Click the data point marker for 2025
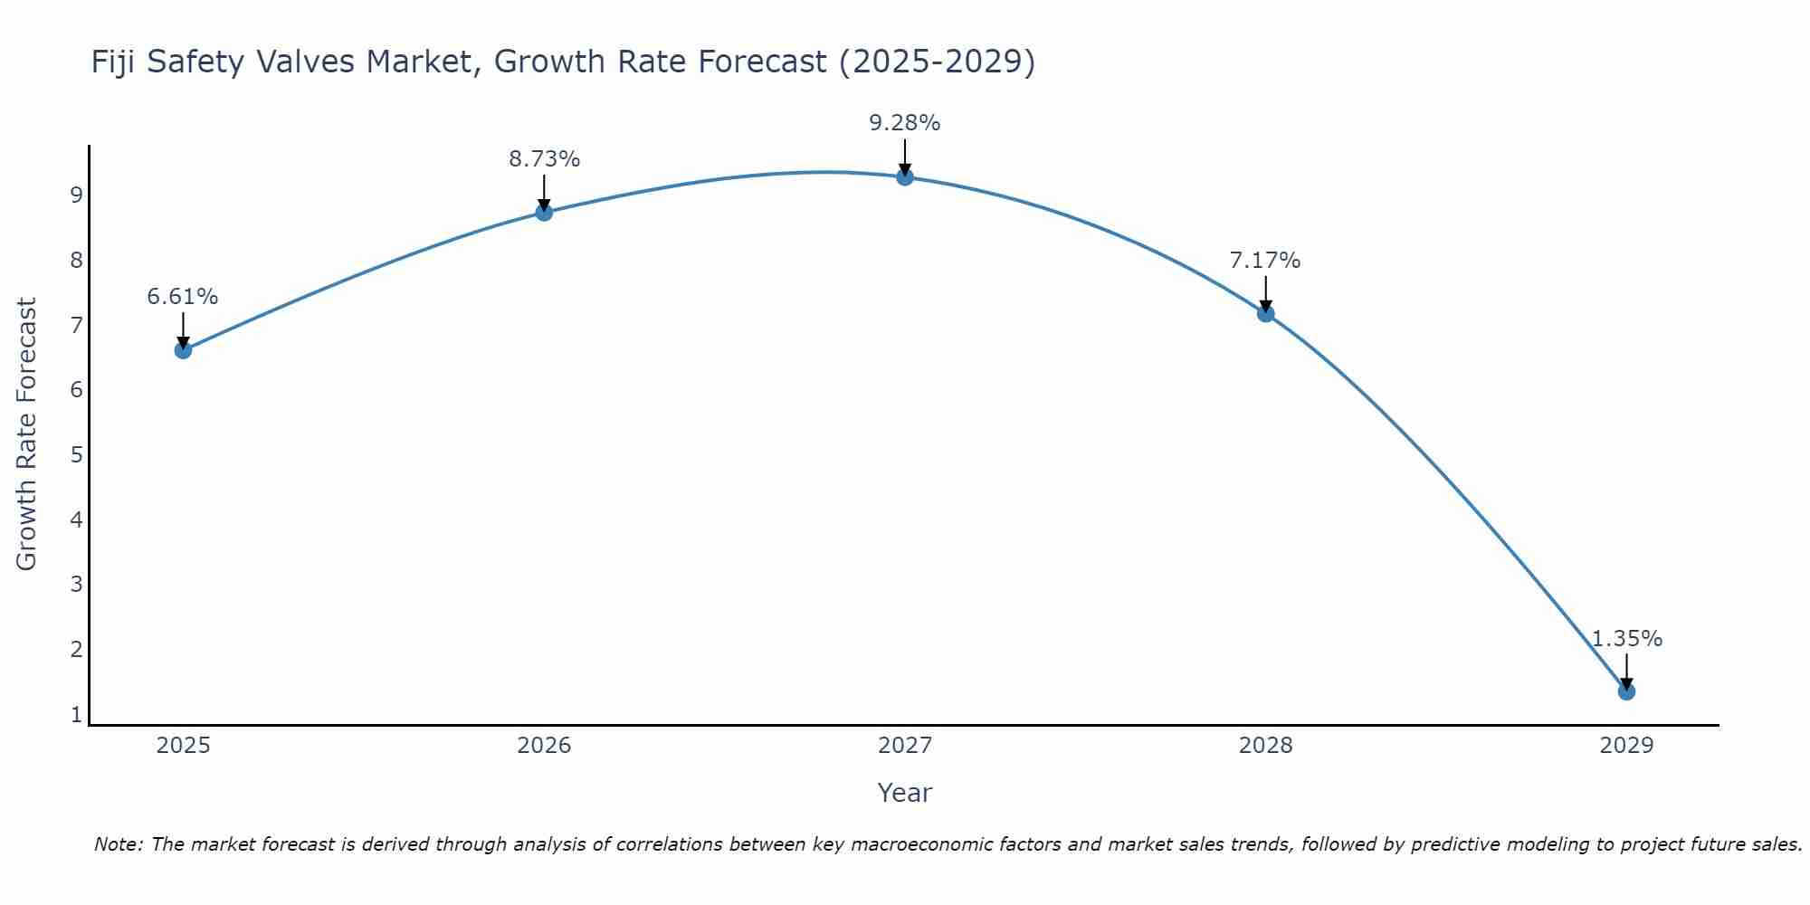coord(183,350)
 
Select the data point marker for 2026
coord(544,213)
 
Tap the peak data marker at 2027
coord(905,176)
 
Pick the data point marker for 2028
coord(1265,314)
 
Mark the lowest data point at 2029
coord(1626,691)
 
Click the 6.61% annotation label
coord(183,297)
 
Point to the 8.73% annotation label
coord(544,159)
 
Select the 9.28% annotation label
coord(905,123)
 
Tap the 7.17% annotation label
coord(1265,261)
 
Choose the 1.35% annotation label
coord(1626,639)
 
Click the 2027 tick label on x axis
coord(905,746)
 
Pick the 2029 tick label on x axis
coord(1626,746)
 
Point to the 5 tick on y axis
coord(76,454)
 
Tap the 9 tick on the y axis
coord(76,195)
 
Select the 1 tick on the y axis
coord(76,714)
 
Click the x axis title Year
coord(905,793)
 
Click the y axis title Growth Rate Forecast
coord(27,434)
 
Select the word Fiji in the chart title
coord(114,62)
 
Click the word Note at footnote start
coord(119,844)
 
